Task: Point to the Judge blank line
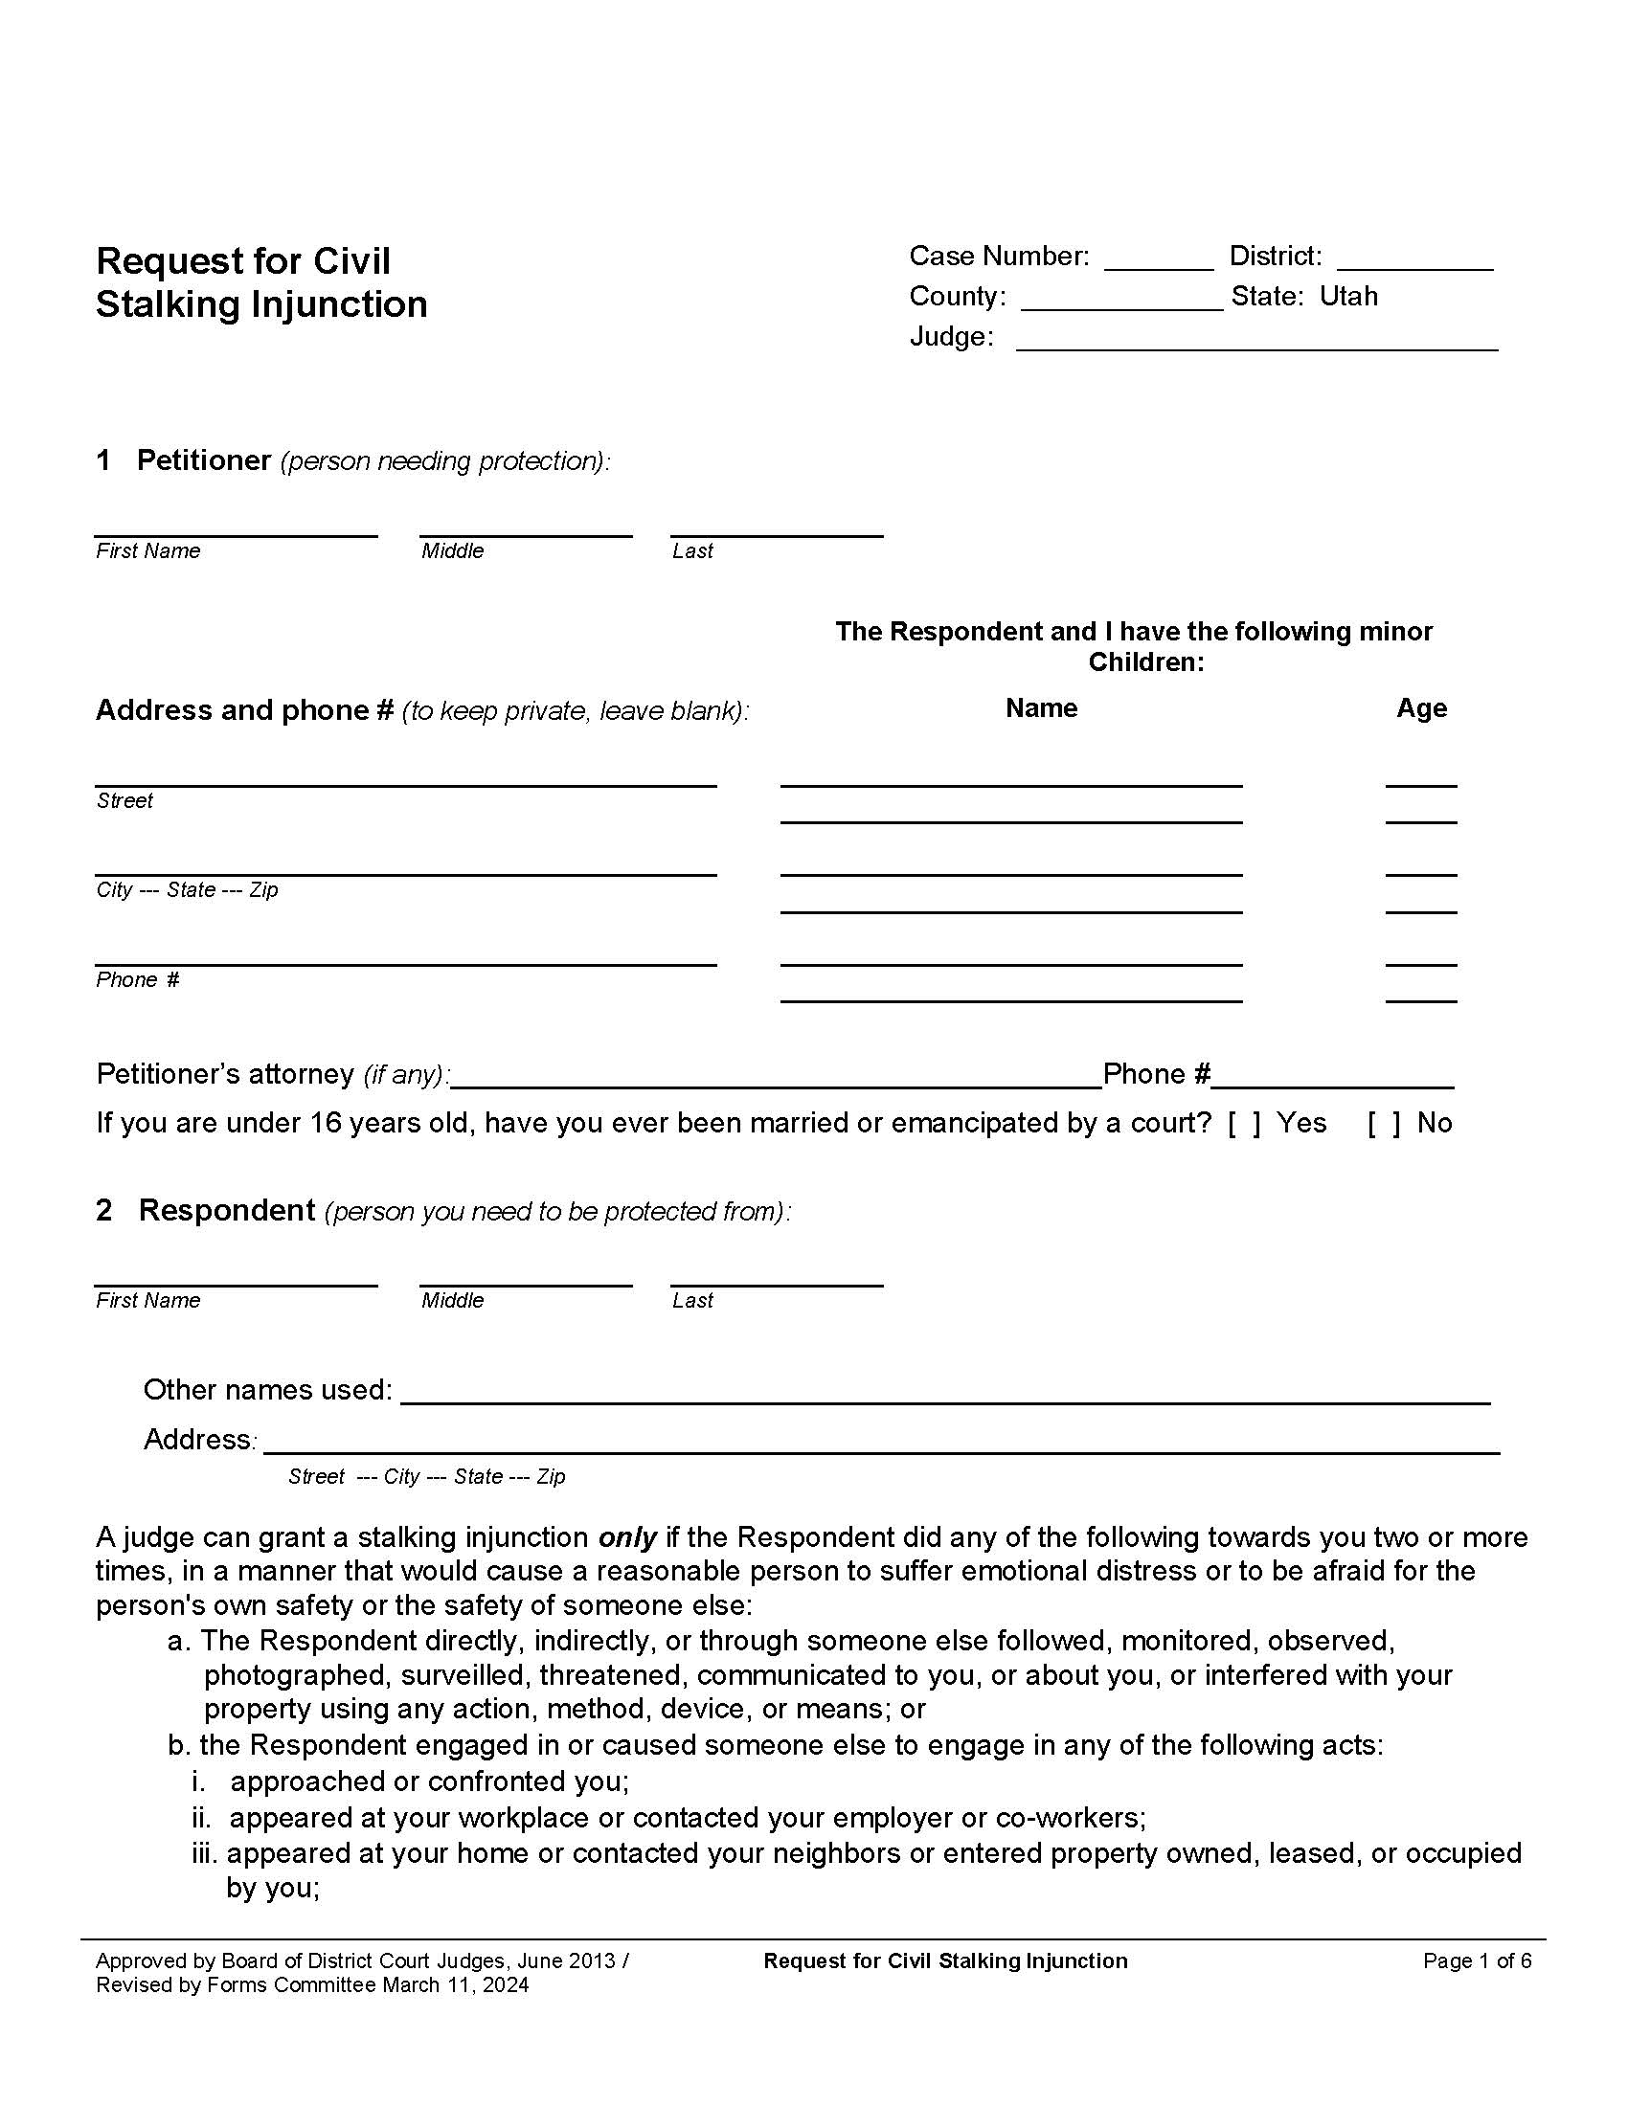(x=1256, y=343)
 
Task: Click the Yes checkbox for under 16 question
(x=1244, y=1124)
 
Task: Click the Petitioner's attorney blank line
(x=777, y=1080)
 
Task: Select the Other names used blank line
(x=945, y=1396)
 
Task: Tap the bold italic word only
(x=628, y=1537)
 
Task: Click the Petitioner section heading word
(x=203, y=459)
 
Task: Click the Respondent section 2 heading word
(x=227, y=1210)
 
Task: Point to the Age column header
(x=1420, y=707)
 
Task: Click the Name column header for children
(x=1041, y=707)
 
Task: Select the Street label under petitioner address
(x=125, y=800)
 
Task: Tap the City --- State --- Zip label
(x=187, y=890)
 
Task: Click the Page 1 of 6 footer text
(x=1477, y=1960)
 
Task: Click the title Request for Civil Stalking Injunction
(x=260, y=282)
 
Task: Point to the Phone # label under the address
(x=138, y=979)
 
